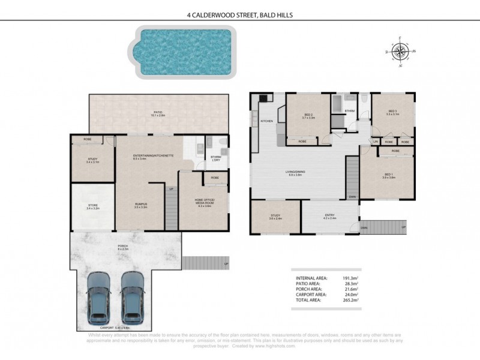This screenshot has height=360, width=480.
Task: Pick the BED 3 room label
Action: [x=393, y=111]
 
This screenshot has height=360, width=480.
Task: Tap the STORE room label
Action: [x=92, y=206]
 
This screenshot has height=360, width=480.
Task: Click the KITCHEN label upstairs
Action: [x=267, y=122]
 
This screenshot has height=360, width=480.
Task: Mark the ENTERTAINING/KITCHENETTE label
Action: [x=154, y=155]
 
